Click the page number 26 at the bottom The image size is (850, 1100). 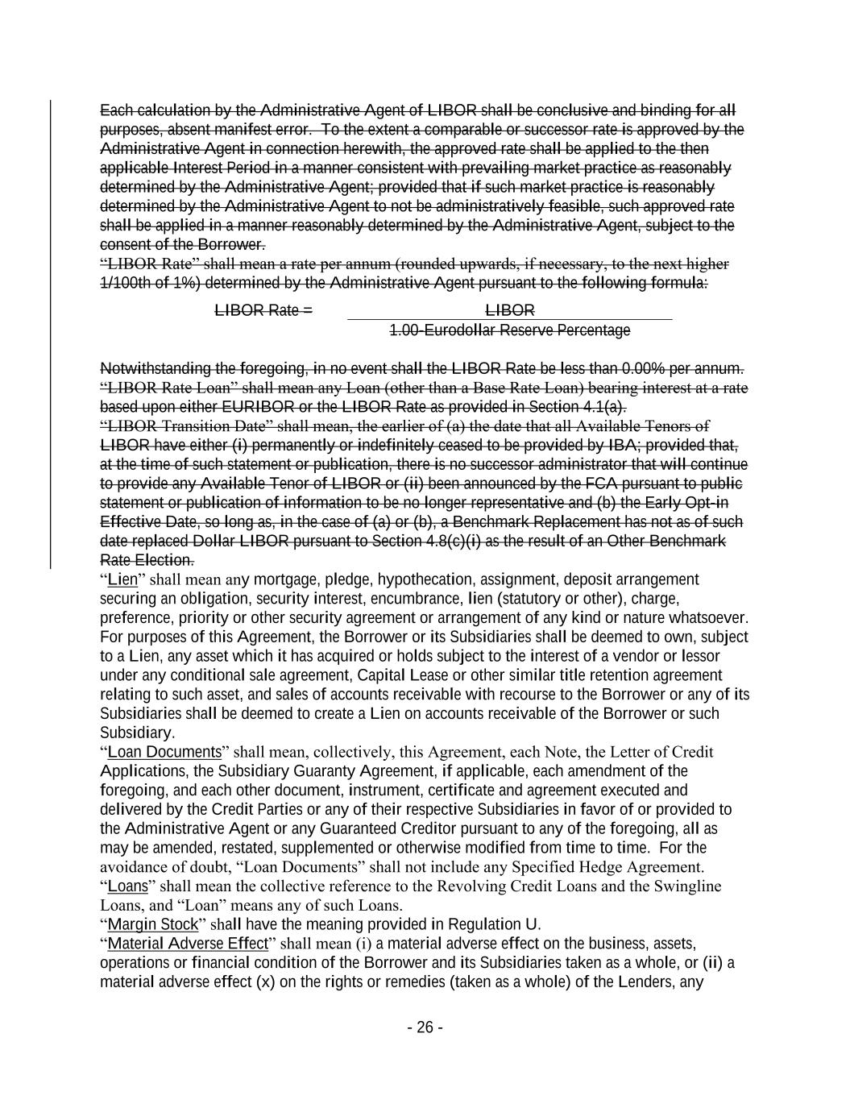(x=425, y=1027)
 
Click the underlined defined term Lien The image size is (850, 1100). (x=122, y=580)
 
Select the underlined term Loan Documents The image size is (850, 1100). (x=164, y=752)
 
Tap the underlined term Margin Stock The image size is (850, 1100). (x=152, y=924)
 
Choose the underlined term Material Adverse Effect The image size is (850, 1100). (x=187, y=944)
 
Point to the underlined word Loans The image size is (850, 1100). (x=127, y=886)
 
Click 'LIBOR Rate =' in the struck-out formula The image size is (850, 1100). (x=263, y=311)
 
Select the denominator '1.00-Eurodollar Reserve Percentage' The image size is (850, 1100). (x=509, y=330)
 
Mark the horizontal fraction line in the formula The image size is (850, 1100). (x=509, y=320)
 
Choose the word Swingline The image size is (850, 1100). (x=688, y=886)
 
